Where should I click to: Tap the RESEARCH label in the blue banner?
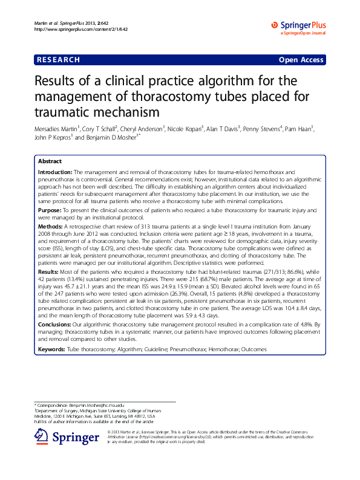pyautogui.click(x=59, y=59)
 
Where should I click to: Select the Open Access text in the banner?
pyautogui.click(x=301, y=60)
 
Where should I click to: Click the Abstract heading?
pyautogui.click(x=50, y=162)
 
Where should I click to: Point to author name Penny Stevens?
pyautogui.click(x=263, y=129)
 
